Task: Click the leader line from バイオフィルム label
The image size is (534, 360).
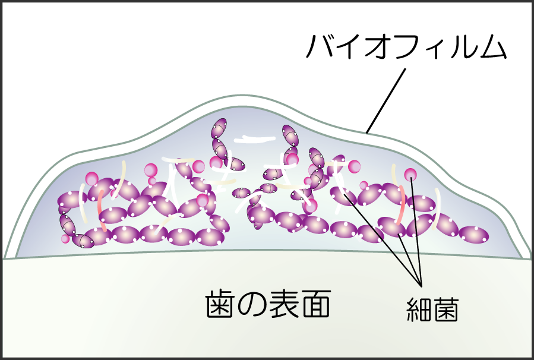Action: (x=386, y=100)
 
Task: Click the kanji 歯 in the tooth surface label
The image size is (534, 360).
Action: (x=219, y=304)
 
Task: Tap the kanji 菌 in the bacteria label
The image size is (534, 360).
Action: (x=445, y=310)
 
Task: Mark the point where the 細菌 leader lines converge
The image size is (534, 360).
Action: (x=421, y=285)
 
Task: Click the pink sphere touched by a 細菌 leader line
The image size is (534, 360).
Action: (x=410, y=175)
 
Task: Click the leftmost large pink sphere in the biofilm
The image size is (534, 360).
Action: (x=91, y=178)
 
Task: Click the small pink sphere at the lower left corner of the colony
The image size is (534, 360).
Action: (x=65, y=238)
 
